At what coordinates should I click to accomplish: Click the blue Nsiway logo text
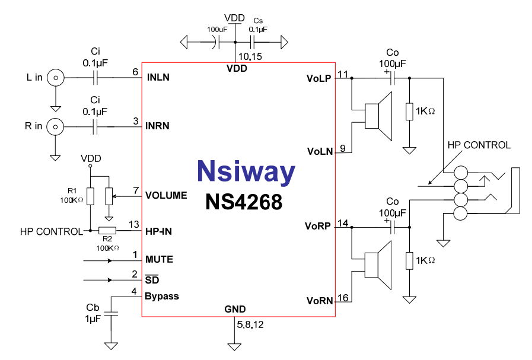(246, 171)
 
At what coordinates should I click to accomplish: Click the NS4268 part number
(244, 202)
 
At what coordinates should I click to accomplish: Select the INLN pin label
(158, 77)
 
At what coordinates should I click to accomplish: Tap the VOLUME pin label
(166, 195)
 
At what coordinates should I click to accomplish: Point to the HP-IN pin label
(158, 231)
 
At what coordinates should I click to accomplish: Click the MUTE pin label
(159, 259)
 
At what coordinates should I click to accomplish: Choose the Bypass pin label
(162, 296)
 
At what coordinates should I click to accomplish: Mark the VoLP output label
(318, 78)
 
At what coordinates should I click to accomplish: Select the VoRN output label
(318, 301)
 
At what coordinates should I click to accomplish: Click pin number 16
(342, 297)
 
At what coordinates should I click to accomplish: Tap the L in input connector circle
(56, 77)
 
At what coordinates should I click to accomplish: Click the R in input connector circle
(56, 126)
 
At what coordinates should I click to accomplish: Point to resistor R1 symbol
(90, 196)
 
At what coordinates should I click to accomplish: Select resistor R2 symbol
(107, 231)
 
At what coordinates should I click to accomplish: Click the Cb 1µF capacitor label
(93, 313)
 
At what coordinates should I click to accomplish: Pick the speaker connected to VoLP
(377, 116)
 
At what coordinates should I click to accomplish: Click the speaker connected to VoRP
(377, 265)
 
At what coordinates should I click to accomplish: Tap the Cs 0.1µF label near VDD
(257, 25)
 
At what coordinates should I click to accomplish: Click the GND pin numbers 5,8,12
(250, 325)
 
